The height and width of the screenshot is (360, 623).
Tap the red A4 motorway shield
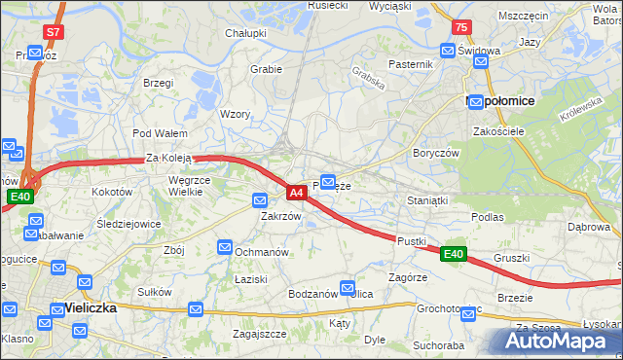pyautogui.click(x=298, y=194)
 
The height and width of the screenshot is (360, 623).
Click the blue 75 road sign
pyautogui.click(x=461, y=27)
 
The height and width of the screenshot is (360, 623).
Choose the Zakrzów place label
pyautogui.click(x=280, y=217)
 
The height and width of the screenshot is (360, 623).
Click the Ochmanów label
pyautogui.click(x=261, y=252)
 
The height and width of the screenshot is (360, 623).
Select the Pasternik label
pyautogui.click(x=410, y=64)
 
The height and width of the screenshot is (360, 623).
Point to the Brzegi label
pyautogui.click(x=158, y=84)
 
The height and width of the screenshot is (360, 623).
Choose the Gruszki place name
pyautogui.click(x=511, y=258)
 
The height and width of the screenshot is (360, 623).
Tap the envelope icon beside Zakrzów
pyautogui.click(x=260, y=200)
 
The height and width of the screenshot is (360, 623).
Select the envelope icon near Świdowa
pyautogui.click(x=448, y=50)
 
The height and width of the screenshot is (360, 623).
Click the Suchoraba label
pyautogui.click(x=437, y=345)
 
